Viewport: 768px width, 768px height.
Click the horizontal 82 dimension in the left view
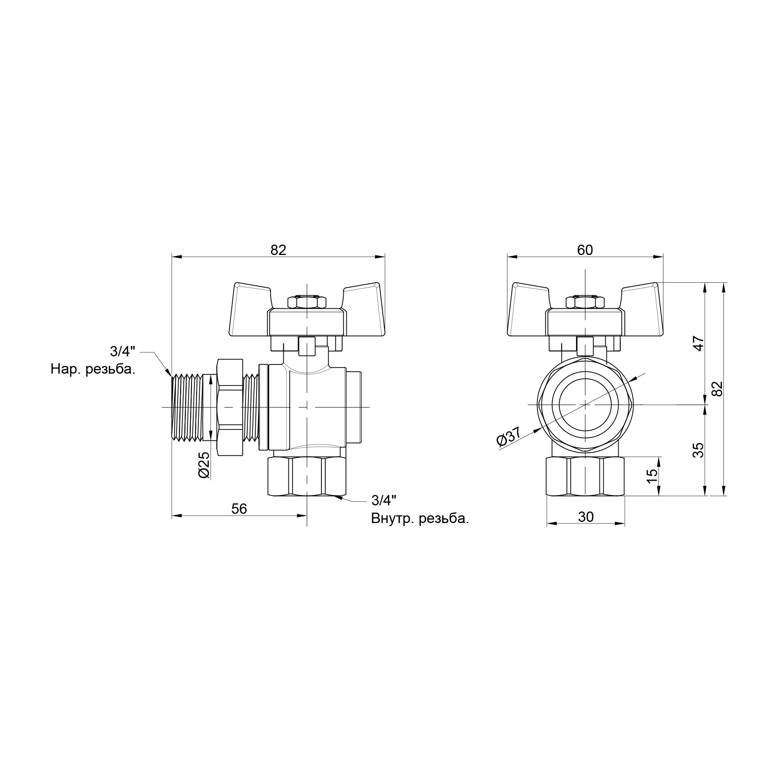point(278,250)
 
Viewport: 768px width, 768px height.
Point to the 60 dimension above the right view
point(585,250)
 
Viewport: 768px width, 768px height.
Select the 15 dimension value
point(652,476)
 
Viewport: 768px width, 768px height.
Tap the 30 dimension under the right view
point(586,517)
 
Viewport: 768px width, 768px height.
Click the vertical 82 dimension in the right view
point(717,388)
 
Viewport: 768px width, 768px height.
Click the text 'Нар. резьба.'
point(93,370)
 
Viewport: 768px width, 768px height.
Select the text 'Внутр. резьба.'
point(420,519)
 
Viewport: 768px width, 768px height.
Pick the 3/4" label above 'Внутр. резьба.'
point(384,500)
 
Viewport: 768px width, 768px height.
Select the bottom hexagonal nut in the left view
point(306,477)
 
